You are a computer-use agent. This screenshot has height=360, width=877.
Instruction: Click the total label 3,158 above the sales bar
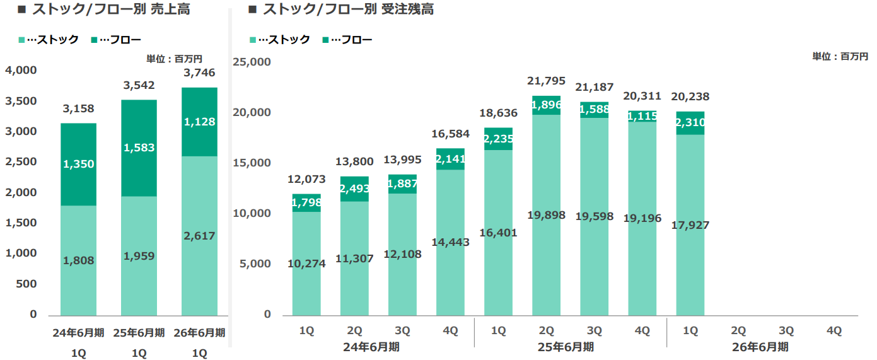tap(78, 109)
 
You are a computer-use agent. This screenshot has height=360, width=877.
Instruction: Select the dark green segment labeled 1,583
tap(139, 148)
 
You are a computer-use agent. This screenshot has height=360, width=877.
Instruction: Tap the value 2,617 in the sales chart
tap(199, 236)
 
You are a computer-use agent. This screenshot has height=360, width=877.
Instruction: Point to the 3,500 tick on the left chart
tap(21, 101)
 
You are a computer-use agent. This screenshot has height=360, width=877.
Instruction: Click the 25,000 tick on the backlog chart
tap(252, 62)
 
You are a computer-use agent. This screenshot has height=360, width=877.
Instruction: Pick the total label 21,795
tap(546, 81)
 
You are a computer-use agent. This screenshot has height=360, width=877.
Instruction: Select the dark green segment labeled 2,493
tap(354, 189)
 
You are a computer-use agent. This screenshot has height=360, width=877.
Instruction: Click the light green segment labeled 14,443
tap(450, 242)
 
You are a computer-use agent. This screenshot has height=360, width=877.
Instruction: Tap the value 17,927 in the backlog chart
tap(690, 225)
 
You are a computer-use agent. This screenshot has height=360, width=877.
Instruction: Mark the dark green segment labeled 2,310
tap(690, 124)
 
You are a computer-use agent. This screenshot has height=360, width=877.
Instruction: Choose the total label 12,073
tap(306, 180)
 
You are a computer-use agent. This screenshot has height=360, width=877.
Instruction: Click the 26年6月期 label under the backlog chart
tap(761, 347)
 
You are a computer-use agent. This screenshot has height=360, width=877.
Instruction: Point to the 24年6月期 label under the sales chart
tap(78, 333)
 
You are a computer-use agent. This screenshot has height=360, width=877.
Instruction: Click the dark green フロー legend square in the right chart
tap(325, 40)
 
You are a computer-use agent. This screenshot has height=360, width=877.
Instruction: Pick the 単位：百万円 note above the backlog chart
tap(840, 57)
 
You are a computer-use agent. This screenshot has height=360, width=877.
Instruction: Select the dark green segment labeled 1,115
tap(642, 116)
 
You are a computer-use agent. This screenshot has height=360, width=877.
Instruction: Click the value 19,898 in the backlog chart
tap(546, 216)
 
